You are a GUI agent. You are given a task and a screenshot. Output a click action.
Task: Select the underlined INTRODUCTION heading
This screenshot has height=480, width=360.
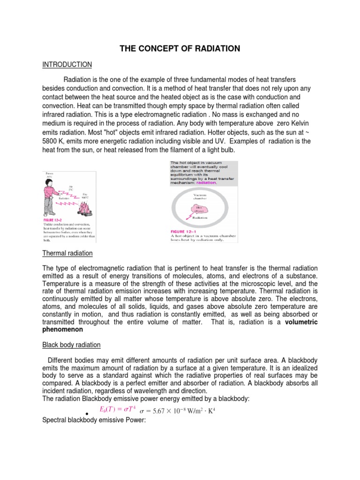pyautogui.click(x=67, y=64)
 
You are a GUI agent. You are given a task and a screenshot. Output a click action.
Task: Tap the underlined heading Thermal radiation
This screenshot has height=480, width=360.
pyautogui.click(x=67, y=253)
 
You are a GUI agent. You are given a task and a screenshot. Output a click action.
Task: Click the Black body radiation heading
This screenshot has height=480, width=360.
pyautogui.click(x=71, y=345)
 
